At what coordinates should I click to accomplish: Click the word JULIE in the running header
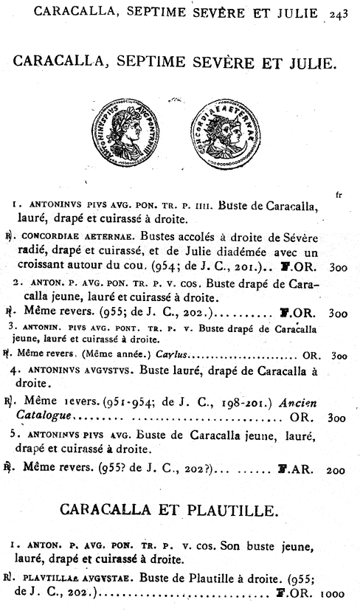point(303,13)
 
